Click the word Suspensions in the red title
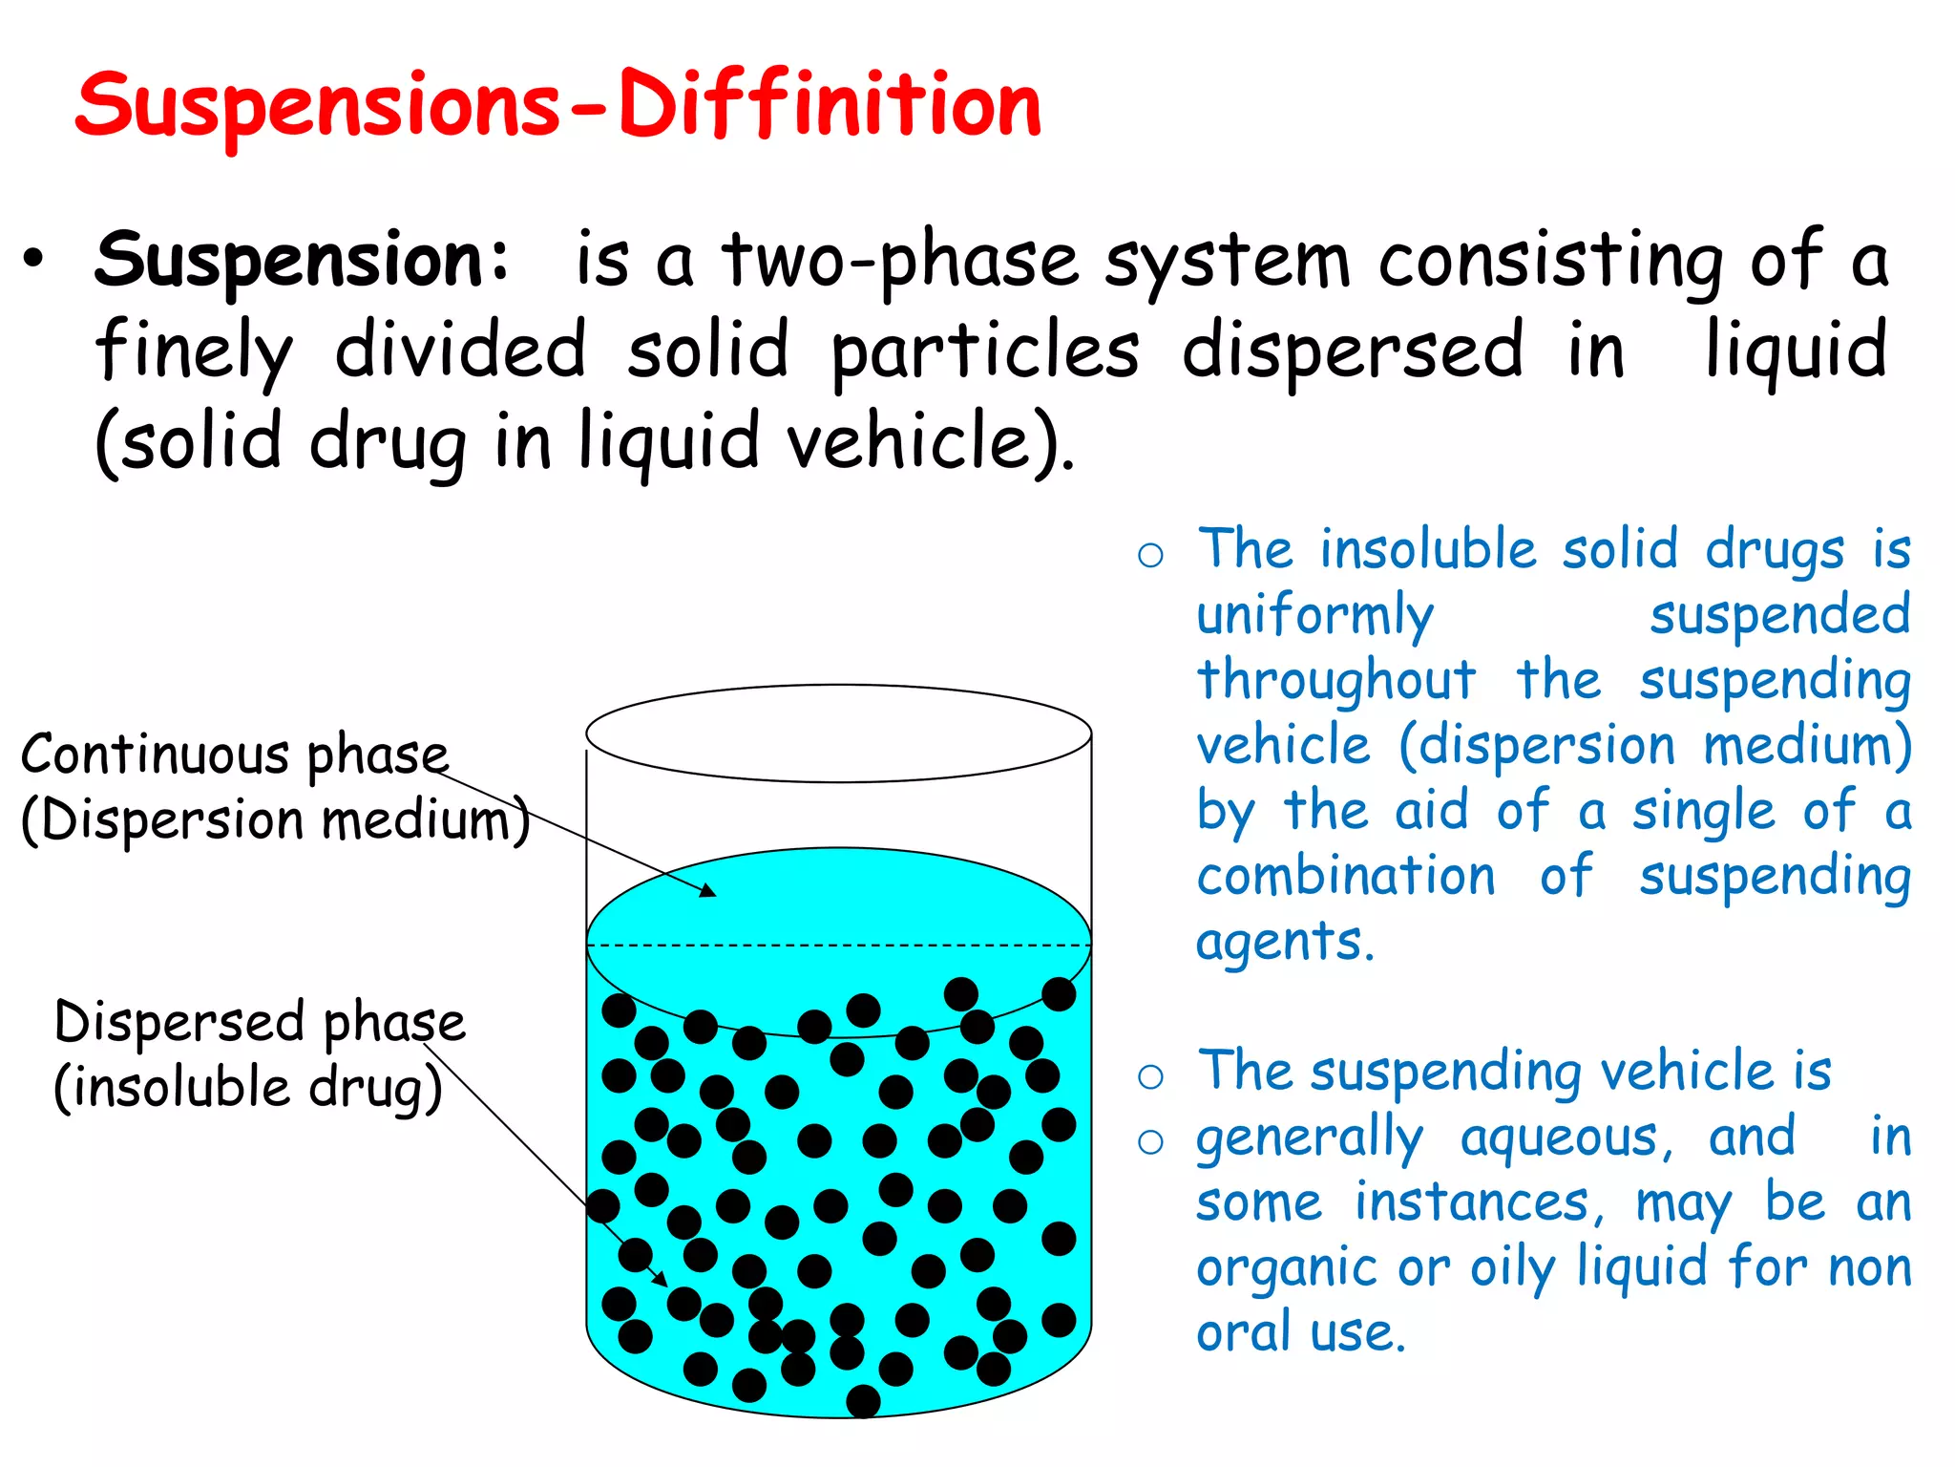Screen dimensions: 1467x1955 318,107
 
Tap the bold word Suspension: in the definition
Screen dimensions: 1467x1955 304,260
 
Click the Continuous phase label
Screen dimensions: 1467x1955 235,755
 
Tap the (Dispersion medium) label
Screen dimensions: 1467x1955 275,820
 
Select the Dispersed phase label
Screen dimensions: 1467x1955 260,1023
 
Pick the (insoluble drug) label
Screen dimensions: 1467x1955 248,1088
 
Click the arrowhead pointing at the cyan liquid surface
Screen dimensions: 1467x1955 707,891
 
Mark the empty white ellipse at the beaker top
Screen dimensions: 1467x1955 838,733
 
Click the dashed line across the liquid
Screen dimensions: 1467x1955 838,946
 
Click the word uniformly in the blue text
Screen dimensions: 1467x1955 1314,616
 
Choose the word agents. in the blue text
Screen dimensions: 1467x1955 1285,942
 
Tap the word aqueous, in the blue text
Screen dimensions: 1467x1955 1566,1137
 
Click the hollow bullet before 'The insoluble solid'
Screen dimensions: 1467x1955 1150,555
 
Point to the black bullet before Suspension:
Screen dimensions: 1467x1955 34,260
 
